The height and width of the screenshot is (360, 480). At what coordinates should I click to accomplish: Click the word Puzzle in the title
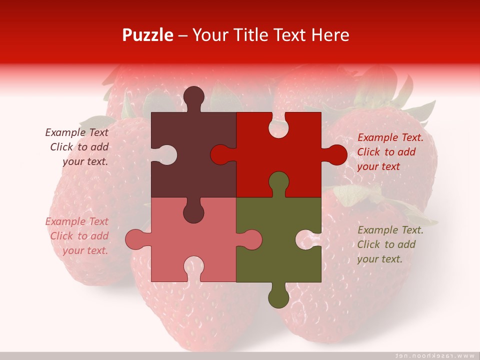[148, 35]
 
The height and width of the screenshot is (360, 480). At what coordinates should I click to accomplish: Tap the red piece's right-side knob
[335, 155]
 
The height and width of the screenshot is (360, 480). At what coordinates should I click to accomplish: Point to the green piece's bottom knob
[278, 297]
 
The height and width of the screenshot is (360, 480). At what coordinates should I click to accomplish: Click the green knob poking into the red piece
[278, 182]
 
